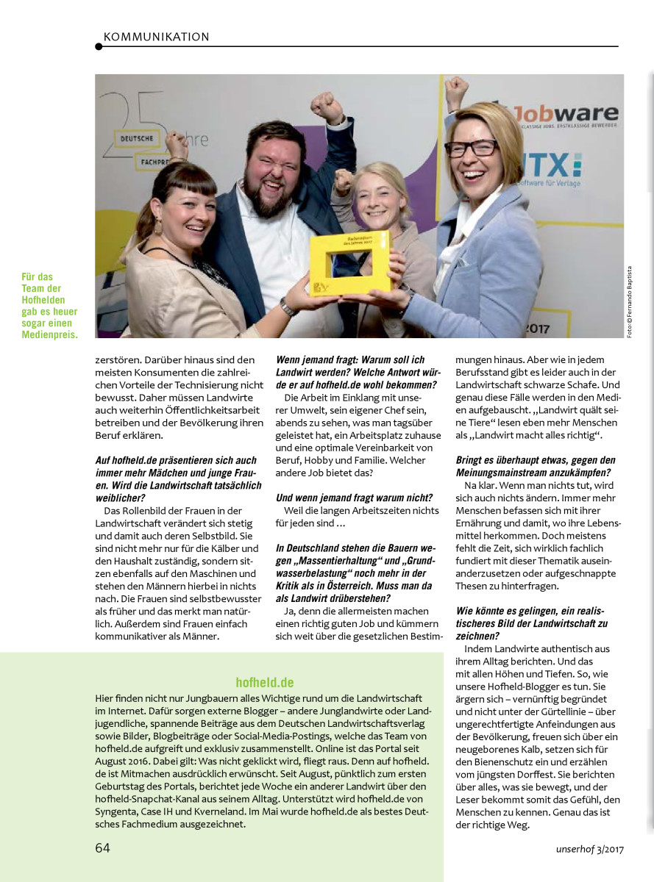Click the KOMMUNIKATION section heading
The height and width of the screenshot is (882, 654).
tap(157, 37)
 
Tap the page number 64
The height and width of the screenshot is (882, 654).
tap(103, 847)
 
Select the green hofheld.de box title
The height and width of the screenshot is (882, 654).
tap(265, 683)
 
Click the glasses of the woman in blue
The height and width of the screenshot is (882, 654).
tap(471, 148)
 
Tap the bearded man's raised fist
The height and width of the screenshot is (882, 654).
tap(326, 108)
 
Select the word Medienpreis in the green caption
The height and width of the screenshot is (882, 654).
tap(50, 334)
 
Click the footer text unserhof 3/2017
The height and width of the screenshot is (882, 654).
tap(589, 849)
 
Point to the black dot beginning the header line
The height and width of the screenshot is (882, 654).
tap(99, 47)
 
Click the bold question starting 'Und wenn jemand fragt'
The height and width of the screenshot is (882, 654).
tap(354, 498)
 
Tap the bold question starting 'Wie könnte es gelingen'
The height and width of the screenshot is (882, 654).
tap(532, 623)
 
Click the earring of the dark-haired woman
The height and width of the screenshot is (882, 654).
tap(158, 224)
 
